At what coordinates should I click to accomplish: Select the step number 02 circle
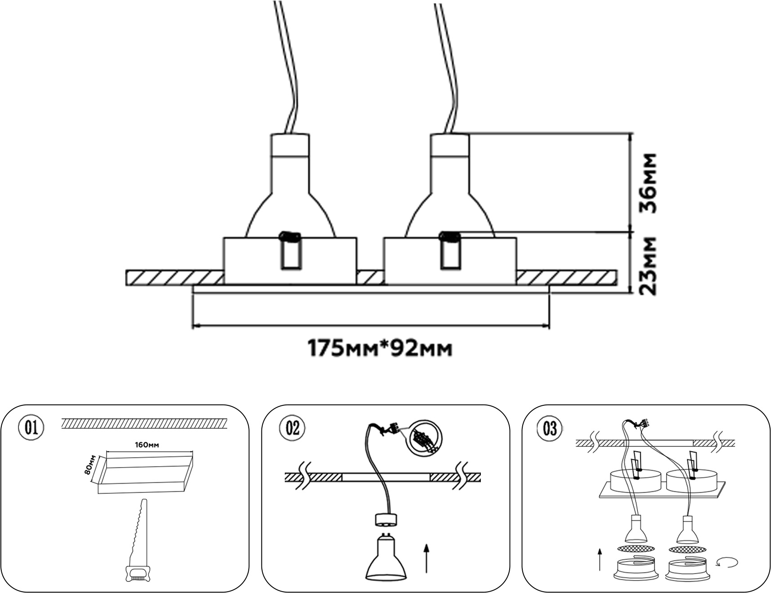point(292,427)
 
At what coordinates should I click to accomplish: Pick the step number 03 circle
point(550,428)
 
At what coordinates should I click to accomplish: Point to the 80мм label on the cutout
point(90,464)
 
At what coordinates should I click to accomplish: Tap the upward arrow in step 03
point(600,559)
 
